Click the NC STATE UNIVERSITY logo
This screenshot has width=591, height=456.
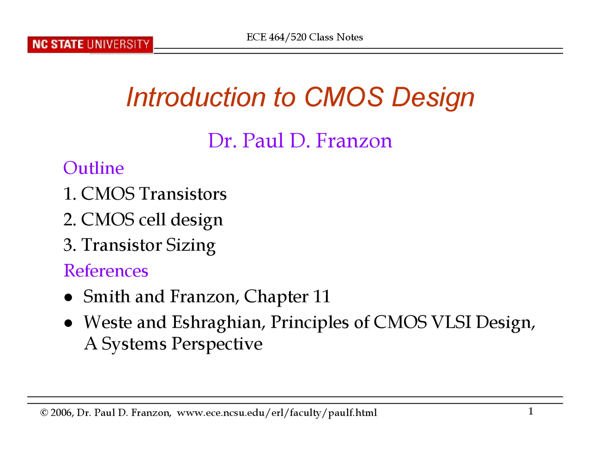tap(90, 45)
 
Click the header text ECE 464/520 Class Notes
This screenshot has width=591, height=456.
tap(305, 37)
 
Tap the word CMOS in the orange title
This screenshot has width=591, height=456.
tap(344, 97)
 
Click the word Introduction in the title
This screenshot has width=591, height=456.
tap(196, 97)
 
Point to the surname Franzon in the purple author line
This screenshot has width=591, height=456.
tap(354, 141)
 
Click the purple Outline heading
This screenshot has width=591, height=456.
tap(93, 168)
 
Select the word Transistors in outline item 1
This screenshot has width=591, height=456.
tap(183, 194)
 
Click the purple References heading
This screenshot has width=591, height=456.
tap(106, 271)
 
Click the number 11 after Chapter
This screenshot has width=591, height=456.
tap(321, 296)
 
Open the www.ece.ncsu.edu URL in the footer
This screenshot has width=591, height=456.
tap(277, 413)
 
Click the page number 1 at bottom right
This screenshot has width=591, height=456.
tap(531, 411)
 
